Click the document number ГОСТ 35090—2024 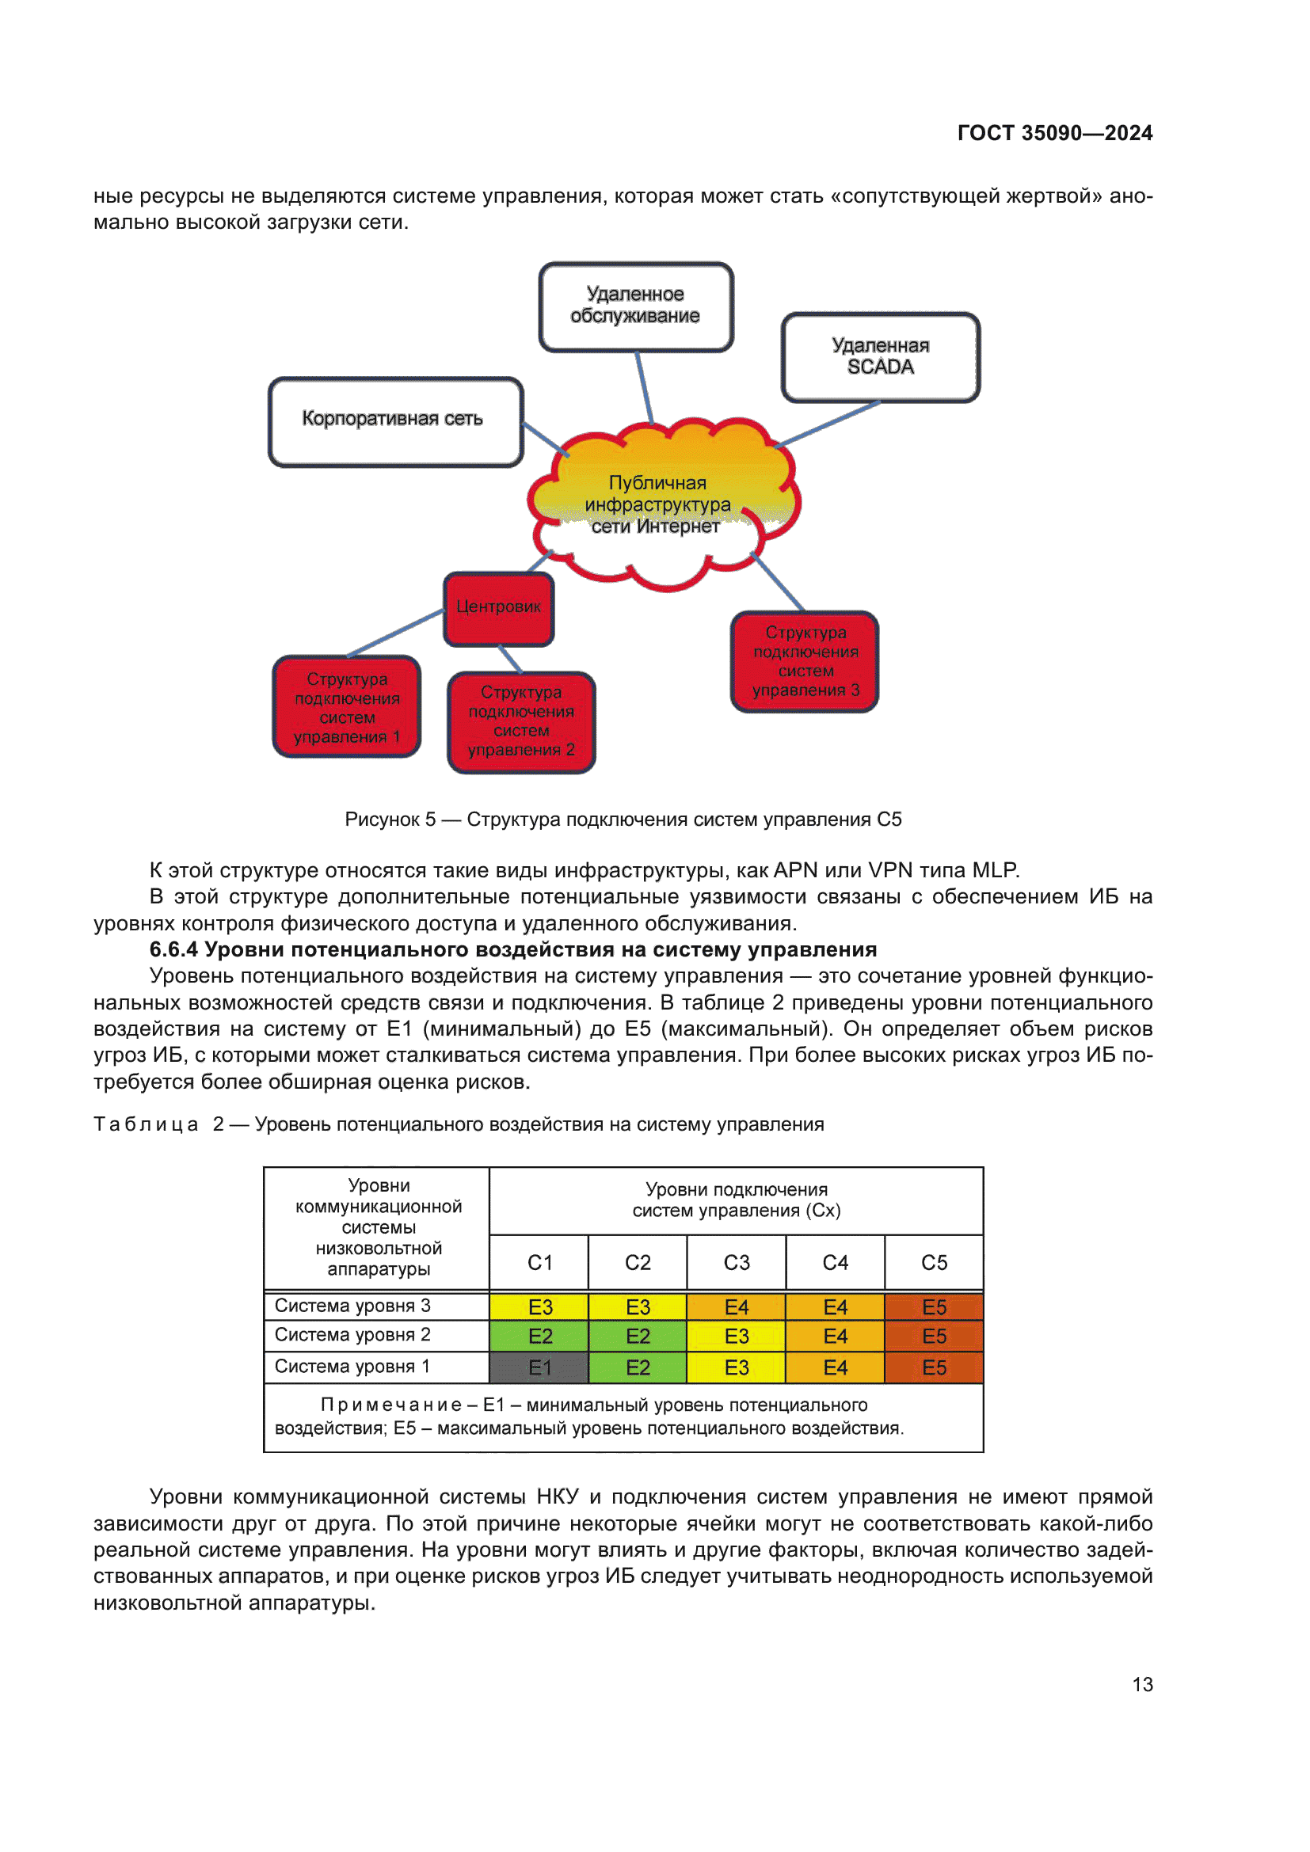tap(1054, 133)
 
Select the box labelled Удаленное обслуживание tap(636, 306)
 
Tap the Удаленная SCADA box tap(880, 356)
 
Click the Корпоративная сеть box tap(395, 421)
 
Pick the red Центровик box tap(498, 608)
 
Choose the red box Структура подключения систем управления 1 tap(347, 706)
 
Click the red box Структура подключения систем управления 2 tap(521, 721)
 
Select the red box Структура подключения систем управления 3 tap(804, 661)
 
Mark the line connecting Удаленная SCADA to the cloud tap(827, 424)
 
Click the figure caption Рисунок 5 tap(390, 820)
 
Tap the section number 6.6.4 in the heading tap(173, 949)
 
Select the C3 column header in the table tap(737, 1262)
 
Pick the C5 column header tap(934, 1262)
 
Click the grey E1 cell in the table tap(539, 1367)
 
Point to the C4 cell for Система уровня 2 tap(835, 1337)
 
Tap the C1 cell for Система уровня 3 tap(539, 1306)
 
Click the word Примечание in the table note tap(391, 1405)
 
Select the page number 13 tap(1142, 1684)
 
